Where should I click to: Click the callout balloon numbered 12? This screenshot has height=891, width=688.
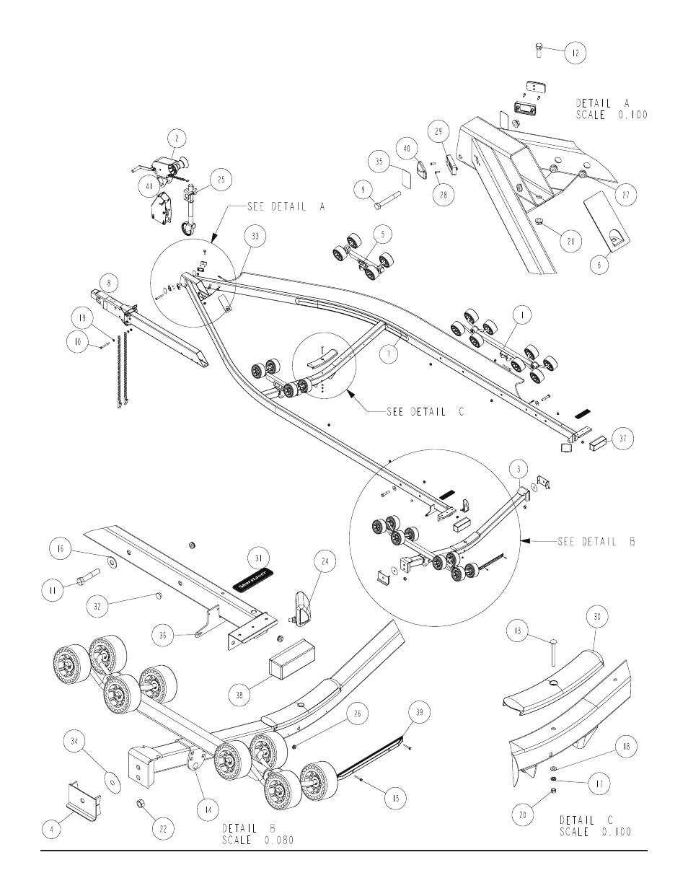tap(575, 52)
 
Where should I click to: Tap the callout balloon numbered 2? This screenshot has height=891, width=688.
tap(177, 137)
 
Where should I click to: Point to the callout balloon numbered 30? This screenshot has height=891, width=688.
tap(599, 617)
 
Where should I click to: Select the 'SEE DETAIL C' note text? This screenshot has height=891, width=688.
tap(425, 411)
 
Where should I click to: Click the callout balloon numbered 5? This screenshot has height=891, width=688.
tap(382, 234)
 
